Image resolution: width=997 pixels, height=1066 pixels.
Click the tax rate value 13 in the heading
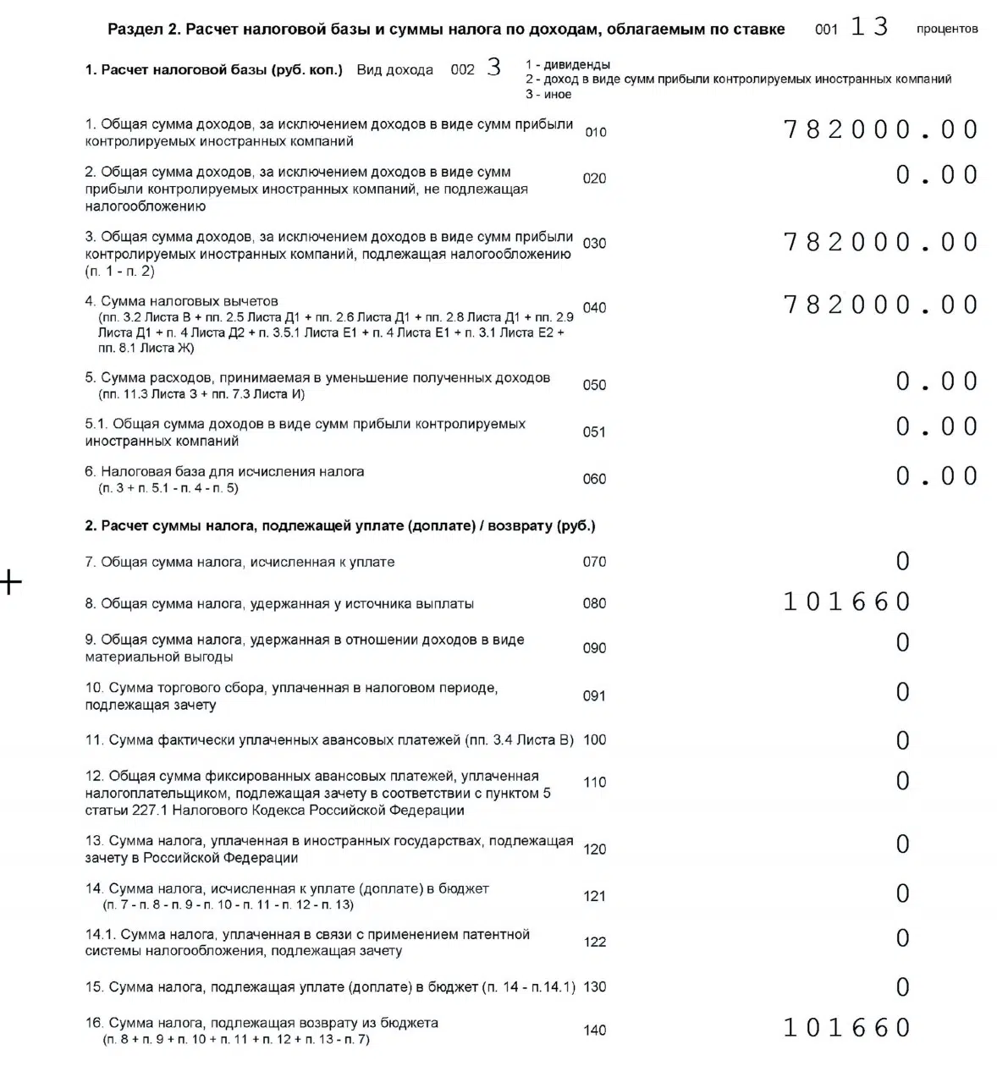869,27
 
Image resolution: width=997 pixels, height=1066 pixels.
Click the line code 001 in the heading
826,30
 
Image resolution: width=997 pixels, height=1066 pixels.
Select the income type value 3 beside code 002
494,68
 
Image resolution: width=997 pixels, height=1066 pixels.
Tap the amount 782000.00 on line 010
881,129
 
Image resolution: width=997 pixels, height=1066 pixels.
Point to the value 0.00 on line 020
937,175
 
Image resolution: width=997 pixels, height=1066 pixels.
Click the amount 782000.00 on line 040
881,305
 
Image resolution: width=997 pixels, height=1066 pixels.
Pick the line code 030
594,244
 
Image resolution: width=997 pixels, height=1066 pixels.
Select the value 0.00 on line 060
937,476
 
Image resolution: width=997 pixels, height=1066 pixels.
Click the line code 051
594,432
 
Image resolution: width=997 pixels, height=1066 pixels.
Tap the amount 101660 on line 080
846,602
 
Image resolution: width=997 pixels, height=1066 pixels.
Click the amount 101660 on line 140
846,1028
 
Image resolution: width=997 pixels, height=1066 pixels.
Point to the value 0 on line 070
903,561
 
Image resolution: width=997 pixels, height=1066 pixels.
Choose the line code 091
594,696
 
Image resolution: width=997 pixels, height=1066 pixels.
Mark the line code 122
594,942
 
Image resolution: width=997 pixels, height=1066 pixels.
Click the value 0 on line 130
903,987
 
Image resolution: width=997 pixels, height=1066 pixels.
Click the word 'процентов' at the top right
946,30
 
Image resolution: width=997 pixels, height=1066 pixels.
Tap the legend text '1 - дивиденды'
567,65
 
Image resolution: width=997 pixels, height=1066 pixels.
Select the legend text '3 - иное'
548,95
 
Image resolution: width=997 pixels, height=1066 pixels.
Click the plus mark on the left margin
10,582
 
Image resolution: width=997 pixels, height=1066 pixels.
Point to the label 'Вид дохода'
394,70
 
